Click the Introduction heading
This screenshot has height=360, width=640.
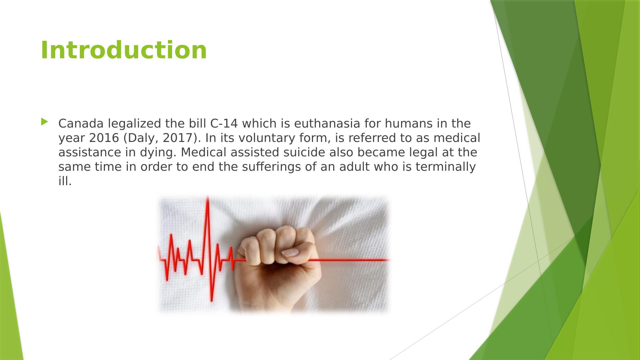pyautogui.click(x=124, y=50)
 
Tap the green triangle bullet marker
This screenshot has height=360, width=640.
pyautogui.click(x=44, y=122)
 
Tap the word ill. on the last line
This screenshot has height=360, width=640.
pyautogui.click(x=65, y=181)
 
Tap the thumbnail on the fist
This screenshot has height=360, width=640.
pyautogui.click(x=290, y=252)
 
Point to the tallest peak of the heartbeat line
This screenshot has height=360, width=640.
pyautogui.click(x=207, y=197)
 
